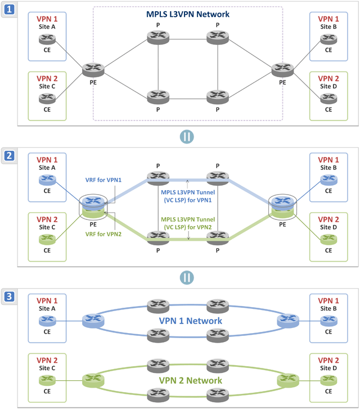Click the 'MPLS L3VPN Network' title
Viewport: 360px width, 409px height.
187,14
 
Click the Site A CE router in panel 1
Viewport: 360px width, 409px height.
47,39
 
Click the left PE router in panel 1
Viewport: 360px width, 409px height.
93,70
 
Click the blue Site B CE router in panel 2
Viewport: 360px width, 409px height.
326,181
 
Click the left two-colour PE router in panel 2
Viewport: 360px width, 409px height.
93,206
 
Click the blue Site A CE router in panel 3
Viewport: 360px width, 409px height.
47,321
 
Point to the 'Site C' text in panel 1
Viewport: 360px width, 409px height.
47,86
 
